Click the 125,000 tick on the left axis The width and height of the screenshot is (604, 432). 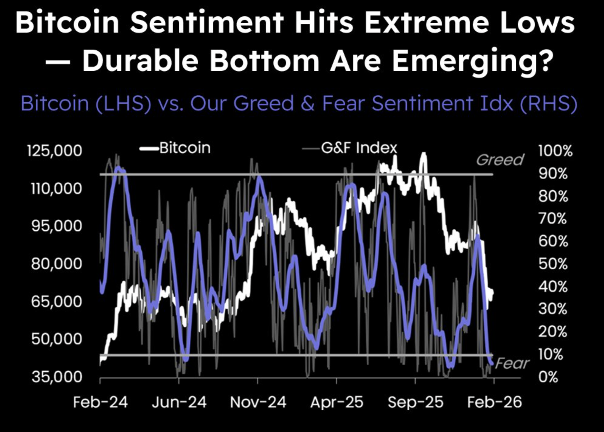pyautogui.click(x=54, y=151)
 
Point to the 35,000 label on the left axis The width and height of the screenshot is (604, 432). pyautogui.click(x=57, y=377)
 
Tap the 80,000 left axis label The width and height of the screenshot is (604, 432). pyautogui.click(x=56, y=263)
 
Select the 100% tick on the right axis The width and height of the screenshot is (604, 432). pyautogui.click(x=555, y=151)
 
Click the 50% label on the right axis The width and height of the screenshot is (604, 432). pyautogui.click(x=553, y=264)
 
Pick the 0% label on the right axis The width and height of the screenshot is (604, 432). pyautogui.click(x=548, y=377)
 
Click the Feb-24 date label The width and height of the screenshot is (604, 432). pyautogui.click(x=100, y=402)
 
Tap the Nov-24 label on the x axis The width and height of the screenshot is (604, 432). pyautogui.click(x=258, y=402)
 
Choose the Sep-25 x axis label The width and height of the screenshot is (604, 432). pyautogui.click(x=415, y=402)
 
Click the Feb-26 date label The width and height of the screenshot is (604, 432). pyautogui.click(x=494, y=402)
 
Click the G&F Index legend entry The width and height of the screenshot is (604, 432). pyautogui.click(x=358, y=148)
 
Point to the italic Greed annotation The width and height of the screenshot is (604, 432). pyautogui.click(x=500, y=160)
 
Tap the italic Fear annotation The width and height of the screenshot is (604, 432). pyautogui.click(x=512, y=363)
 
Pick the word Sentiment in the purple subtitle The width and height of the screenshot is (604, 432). pyautogui.click(x=422, y=103)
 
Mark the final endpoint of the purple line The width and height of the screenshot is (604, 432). pyautogui.click(x=492, y=363)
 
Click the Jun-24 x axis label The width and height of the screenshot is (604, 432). pyautogui.click(x=179, y=402)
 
